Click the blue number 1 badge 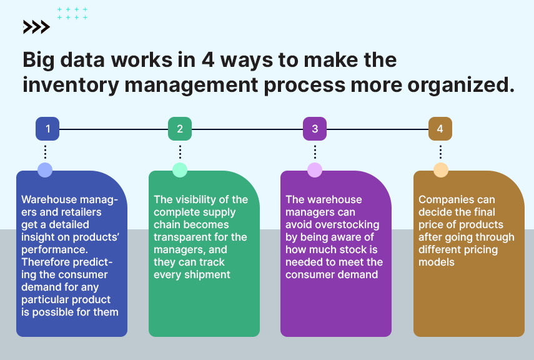coord(47,129)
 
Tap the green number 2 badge coord(180,129)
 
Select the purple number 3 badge coord(315,129)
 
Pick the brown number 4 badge coord(440,129)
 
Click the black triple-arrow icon coord(36,27)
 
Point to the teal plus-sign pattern coord(72,13)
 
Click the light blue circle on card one coord(45,170)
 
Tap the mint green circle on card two coord(180,170)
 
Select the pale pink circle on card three coord(315,170)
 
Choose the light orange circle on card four coord(441,170)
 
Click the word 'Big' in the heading coord(39,61)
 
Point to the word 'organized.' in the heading coord(461,85)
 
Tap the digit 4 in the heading coord(208,59)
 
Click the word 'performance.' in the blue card coord(54,249)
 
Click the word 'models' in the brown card coord(437,262)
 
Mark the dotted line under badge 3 coord(315,152)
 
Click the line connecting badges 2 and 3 coord(247,129)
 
